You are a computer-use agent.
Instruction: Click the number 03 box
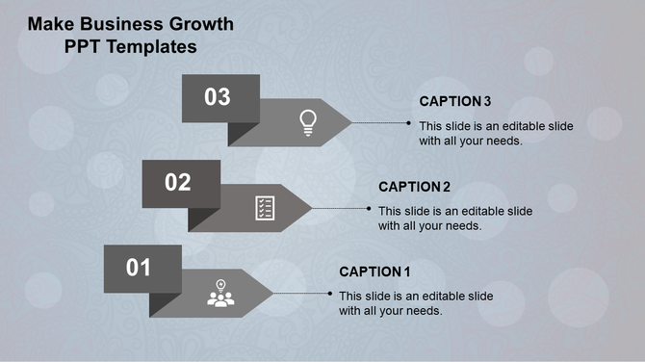(220, 96)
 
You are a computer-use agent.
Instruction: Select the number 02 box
(181, 182)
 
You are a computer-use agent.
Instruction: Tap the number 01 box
(142, 268)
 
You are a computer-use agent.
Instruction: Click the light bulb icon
(308, 121)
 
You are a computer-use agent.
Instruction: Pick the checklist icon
(266, 207)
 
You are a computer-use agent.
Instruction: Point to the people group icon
(221, 294)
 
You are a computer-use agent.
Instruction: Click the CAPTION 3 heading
(455, 101)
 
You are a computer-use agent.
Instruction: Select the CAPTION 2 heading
(415, 187)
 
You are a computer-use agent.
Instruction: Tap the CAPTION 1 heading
(374, 271)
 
